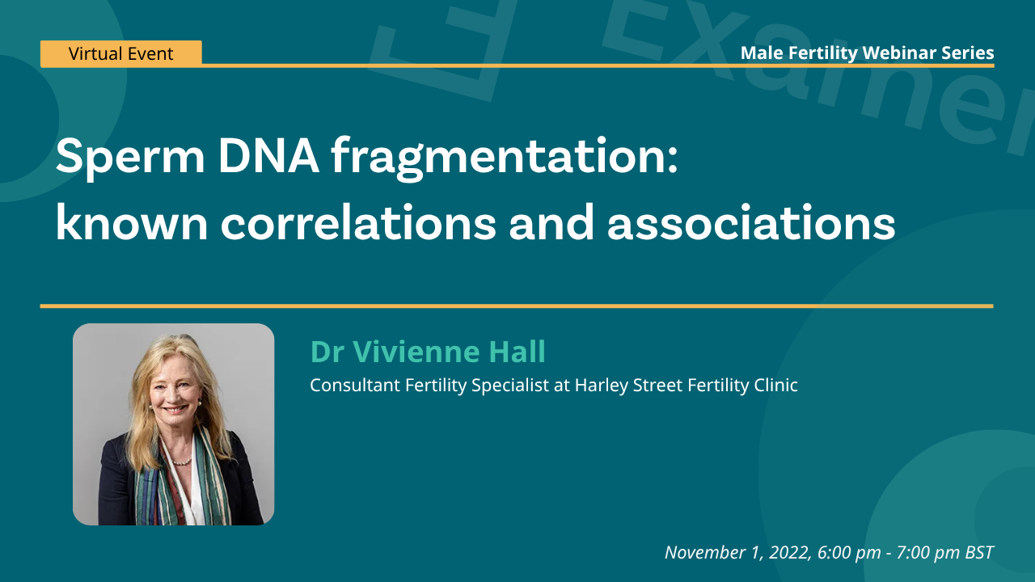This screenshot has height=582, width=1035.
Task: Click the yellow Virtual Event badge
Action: point(121,53)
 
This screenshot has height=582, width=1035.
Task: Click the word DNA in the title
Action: point(268,156)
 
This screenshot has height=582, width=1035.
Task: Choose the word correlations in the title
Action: point(358,222)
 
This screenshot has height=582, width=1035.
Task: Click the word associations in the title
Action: point(751,222)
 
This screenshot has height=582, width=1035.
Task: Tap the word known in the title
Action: point(132,222)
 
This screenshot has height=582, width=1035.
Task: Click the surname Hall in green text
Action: point(517,352)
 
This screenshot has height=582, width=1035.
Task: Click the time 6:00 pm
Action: point(849,552)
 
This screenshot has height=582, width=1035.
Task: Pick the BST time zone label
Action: point(979,552)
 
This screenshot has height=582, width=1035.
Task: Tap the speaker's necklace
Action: point(182,461)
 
